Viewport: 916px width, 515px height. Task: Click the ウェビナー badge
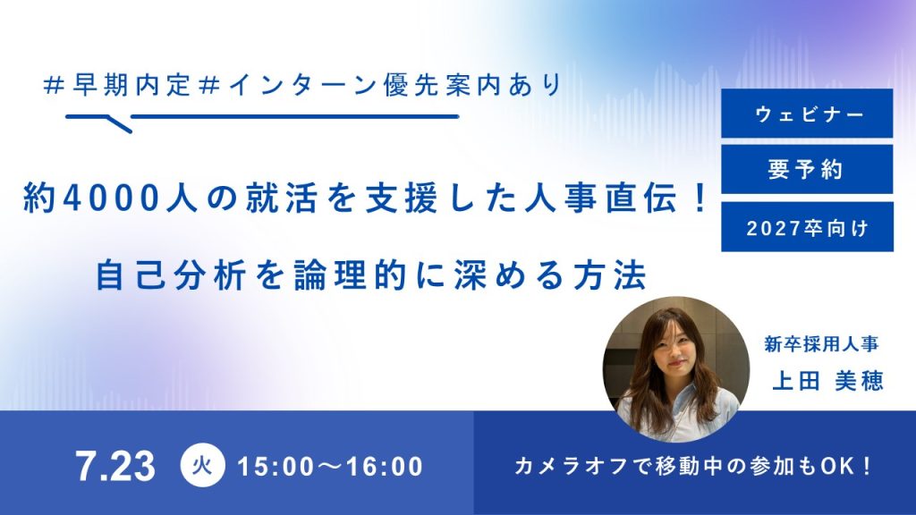click(x=807, y=114)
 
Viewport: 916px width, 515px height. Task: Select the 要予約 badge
click(x=807, y=169)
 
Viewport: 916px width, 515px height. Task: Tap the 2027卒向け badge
click(x=807, y=226)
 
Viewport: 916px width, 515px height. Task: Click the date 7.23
click(x=115, y=466)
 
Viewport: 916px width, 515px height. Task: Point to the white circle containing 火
click(x=202, y=465)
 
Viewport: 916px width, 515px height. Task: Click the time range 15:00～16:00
click(x=330, y=467)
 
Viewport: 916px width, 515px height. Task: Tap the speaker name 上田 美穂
click(x=827, y=381)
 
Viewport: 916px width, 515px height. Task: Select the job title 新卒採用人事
click(x=821, y=344)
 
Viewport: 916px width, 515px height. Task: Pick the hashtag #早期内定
click(x=117, y=86)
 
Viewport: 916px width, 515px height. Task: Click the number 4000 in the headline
click(x=110, y=198)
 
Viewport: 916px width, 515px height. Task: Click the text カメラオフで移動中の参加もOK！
click(x=693, y=466)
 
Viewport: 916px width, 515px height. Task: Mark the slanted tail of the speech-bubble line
click(x=121, y=124)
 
